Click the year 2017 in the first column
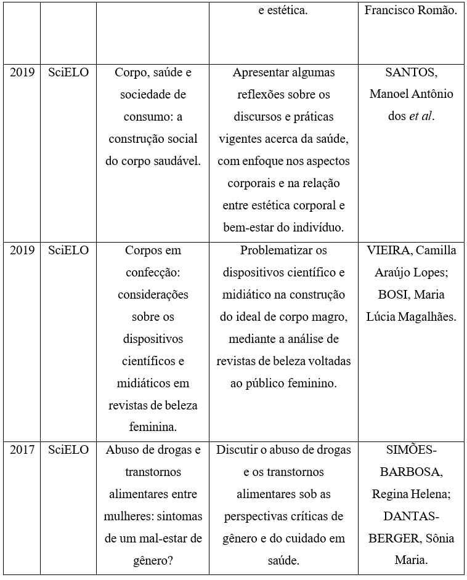(22, 450)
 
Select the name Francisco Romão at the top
(411, 11)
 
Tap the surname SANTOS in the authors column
(411, 73)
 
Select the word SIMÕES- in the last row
(411, 450)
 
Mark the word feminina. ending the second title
(153, 428)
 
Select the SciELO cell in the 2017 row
(68, 450)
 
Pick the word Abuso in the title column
(123, 450)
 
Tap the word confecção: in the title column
(153, 273)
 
